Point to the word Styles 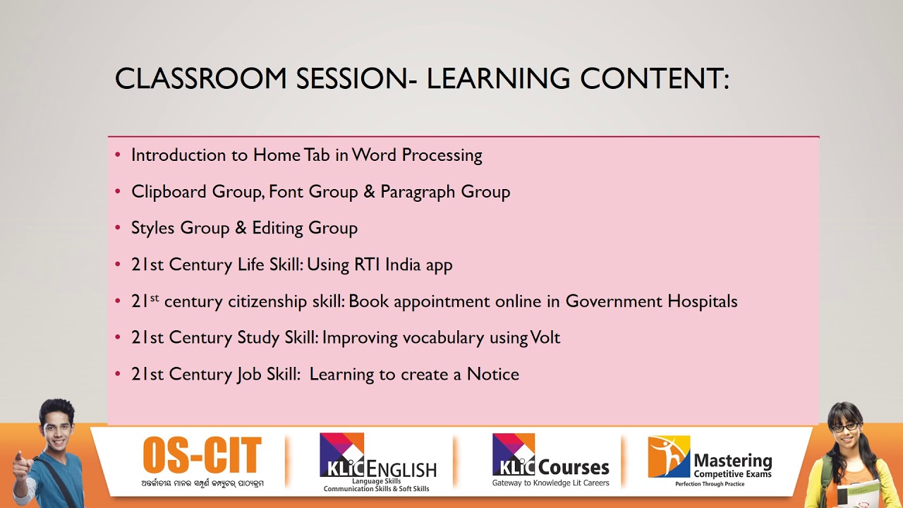[x=152, y=228]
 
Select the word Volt [x=545, y=337]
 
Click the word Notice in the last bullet [x=492, y=374]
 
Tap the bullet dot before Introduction [x=118, y=155]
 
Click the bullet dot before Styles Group [x=118, y=228]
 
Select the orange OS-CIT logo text [x=202, y=456]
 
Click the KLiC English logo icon [x=341, y=454]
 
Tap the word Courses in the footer [x=573, y=467]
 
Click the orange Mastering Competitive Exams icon [x=668, y=456]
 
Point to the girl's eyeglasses [x=844, y=427]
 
